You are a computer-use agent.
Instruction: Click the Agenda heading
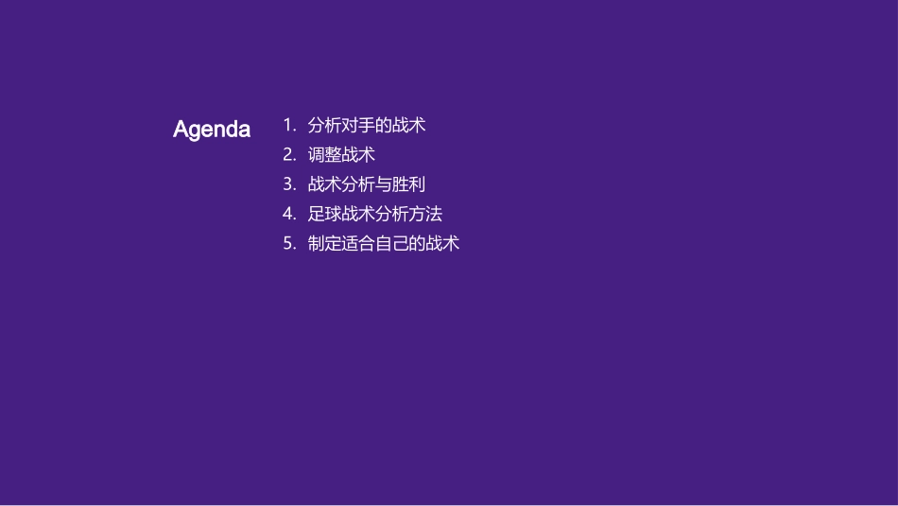coord(212,130)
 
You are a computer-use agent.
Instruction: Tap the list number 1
coord(288,125)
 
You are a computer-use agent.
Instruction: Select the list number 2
coord(288,154)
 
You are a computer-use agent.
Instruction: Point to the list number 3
coord(288,183)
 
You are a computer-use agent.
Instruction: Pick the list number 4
coord(288,214)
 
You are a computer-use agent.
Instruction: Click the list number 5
coord(288,243)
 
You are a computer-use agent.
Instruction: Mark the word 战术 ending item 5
coord(443,243)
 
